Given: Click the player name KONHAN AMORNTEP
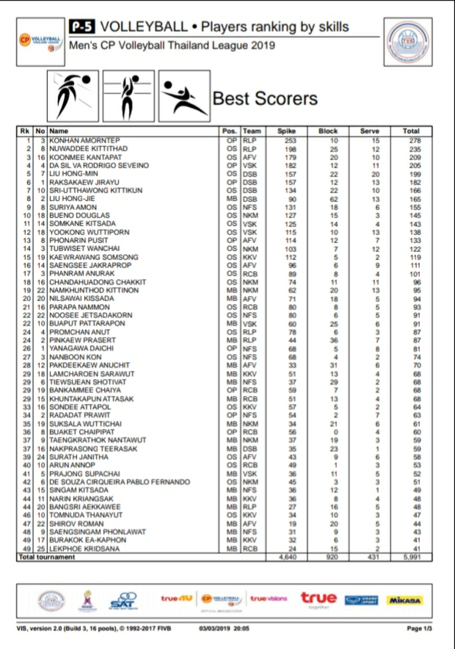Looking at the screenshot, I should (84, 140).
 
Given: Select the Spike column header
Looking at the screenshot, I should (286, 131).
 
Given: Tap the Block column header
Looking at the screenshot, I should (328, 131).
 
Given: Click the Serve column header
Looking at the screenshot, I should (370, 131).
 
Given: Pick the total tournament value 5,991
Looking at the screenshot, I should (411, 557).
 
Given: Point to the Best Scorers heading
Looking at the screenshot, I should (265, 99).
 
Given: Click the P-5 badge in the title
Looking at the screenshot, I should (81, 27).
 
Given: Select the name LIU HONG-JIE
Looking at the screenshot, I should (73, 198).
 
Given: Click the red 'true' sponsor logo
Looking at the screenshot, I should (318, 598).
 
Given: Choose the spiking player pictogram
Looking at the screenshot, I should (71, 96).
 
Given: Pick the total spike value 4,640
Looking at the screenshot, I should (286, 557).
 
